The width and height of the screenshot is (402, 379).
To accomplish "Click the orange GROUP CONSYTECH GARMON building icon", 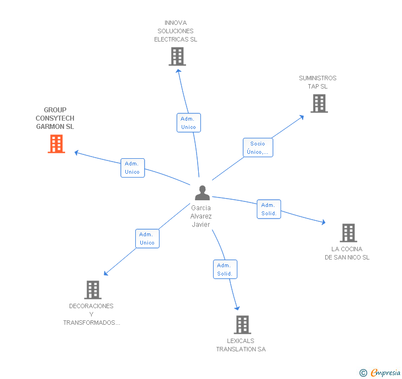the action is tap(56, 144).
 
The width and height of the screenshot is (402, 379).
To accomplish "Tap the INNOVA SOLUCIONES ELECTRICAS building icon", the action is tap(177, 56).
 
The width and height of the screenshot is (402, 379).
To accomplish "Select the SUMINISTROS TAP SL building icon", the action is tap(319, 103).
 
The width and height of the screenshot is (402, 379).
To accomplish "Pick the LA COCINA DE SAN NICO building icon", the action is tap(348, 233).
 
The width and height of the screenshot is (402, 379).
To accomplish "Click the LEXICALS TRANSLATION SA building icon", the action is tap(242, 325).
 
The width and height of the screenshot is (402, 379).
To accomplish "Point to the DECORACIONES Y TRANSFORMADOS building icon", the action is tap(92, 289).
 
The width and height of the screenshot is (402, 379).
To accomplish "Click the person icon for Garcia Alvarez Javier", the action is tap(202, 193).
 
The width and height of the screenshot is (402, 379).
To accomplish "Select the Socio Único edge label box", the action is tap(258, 148).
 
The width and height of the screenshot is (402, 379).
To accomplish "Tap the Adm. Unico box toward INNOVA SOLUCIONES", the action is tap(188, 123).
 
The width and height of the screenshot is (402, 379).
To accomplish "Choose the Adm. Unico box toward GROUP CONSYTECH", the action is tap(133, 168).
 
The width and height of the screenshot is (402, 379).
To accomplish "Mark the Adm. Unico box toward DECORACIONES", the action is tap(147, 238).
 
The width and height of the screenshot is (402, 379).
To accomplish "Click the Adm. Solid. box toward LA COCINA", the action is tap(269, 209).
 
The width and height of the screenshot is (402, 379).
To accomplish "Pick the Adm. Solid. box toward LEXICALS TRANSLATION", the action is tap(225, 269).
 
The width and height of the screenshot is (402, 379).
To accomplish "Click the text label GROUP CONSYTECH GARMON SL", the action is tap(55, 118).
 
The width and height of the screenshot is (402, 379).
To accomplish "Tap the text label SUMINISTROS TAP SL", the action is tap(318, 82).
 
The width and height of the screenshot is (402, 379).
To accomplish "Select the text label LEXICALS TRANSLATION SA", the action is tap(241, 345).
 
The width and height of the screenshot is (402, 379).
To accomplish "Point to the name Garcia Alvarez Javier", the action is tap(202, 216).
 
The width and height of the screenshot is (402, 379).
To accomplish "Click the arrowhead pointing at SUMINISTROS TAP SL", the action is tap(301, 116).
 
